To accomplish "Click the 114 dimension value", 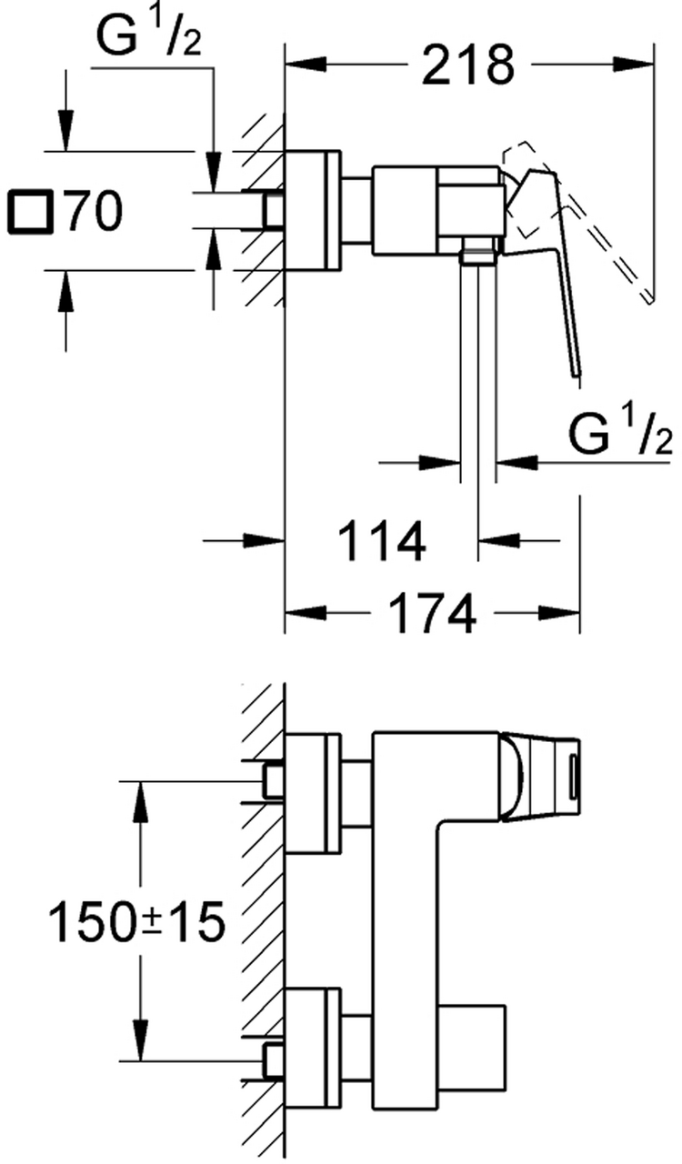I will [x=382, y=542].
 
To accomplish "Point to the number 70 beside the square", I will [x=93, y=211].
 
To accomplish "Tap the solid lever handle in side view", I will [x=555, y=273].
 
